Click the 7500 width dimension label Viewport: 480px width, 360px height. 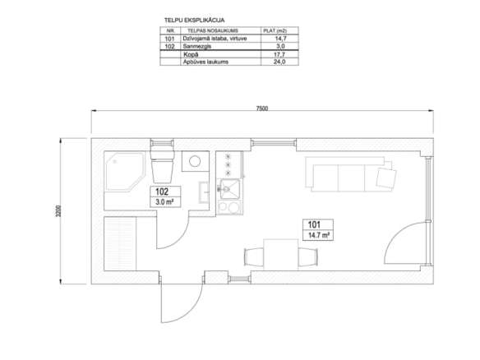tap(261, 108)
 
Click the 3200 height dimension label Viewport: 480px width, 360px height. tap(58, 211)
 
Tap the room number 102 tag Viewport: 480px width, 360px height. tap(162, 192)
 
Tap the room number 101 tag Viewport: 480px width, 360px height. tap(314, 224)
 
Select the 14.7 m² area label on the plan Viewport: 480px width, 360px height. tap(318, 235)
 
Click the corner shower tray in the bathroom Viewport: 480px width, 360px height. tap(125, 171)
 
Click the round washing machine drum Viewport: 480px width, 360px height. tap(195, 161)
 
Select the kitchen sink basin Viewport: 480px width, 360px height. tap(228, 189)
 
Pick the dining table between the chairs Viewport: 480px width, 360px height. tap(281, 255)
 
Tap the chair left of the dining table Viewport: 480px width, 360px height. tap(254, 257)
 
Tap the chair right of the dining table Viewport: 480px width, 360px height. tap(308, 257)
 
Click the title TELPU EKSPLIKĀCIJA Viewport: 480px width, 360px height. tap(195, 21)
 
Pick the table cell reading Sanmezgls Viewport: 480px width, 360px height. tap(196, 46)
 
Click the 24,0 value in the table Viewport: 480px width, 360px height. tap(279, 62)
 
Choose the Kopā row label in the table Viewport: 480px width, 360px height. tap(191, 54)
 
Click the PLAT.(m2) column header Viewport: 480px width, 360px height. tap(275, 30)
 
